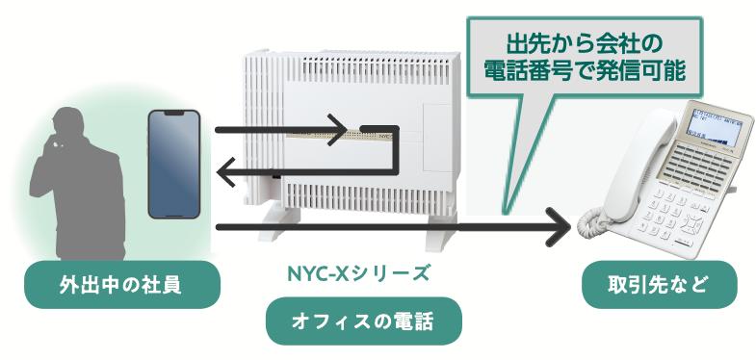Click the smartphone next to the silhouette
coord(173,164)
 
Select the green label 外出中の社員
coord(121,285)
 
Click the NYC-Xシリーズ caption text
coord(358,272)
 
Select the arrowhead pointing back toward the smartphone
coord(229,173)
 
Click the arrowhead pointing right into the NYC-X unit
coord(337,130)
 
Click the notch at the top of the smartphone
coord(173,114)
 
